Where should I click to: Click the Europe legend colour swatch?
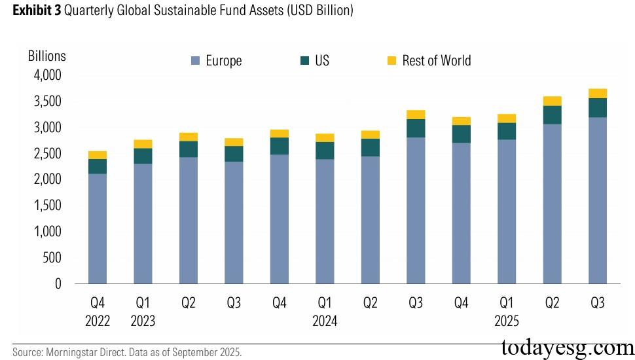(195, 61)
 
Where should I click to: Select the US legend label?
(321, 61)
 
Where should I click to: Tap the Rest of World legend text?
(436, 61)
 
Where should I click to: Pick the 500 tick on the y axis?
(52, 258)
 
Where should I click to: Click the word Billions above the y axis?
(46, 56)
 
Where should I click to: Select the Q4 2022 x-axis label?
(97, 312)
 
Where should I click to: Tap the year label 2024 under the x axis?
(325, 321)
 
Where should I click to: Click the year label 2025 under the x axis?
(507, 321)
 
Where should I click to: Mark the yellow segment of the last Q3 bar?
(597, 93)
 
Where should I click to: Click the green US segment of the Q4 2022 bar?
(97, 166)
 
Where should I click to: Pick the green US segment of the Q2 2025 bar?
(552, 115)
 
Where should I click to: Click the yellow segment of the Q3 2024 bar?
(416, 115)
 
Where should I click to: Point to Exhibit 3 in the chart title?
(32, 11)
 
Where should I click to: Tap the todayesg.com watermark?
(566, 347)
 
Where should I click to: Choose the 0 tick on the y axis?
(58, 284)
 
